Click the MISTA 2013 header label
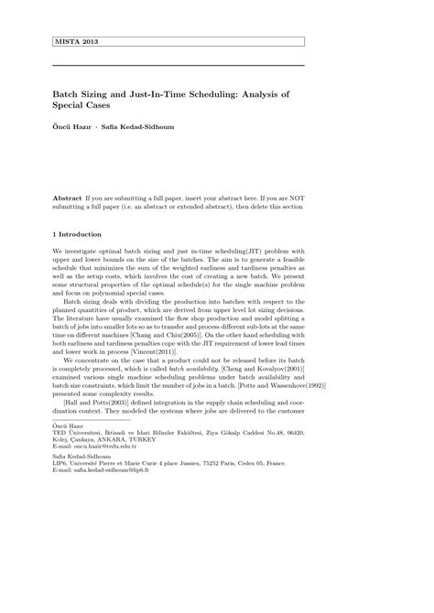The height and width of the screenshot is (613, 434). coord(77,42)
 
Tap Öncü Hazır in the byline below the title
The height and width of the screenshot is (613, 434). coord(72,127)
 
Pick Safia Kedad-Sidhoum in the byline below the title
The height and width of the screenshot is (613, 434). coord(141,127)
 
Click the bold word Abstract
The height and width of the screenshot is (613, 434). coord(67,198)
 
